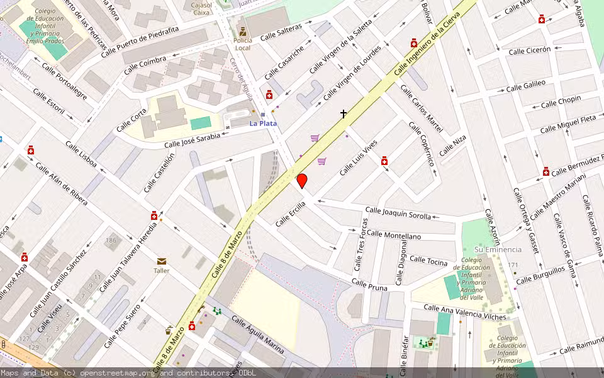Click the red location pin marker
coord(302,181)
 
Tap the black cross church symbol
coord(344,114)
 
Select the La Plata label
coord(263,123)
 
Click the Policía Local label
coord(243,43)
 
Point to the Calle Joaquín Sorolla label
coord(398,213)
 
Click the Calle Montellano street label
coord(394,235)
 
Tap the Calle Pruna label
coord(370,284)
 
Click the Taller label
coord(162,271)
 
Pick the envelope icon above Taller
coord(162,261)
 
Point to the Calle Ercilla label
coord(291,214)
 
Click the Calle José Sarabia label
coord(193,140)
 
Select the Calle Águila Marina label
coord(257,334)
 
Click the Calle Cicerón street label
coord(529,50)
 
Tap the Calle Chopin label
coord(561,101)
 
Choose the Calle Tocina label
coord(428,260)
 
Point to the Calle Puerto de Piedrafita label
coord(150,37)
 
